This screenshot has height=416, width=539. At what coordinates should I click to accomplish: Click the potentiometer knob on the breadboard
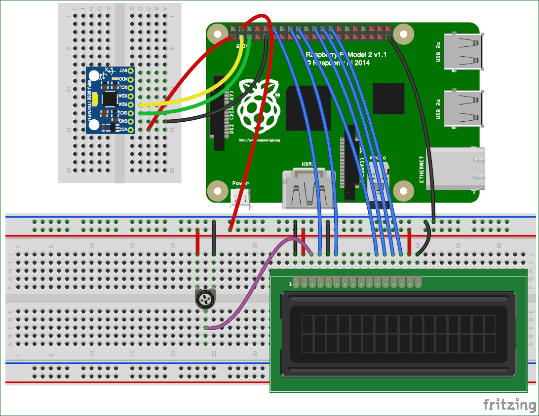(x=205, y=299)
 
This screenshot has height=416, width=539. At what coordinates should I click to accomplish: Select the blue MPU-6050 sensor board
(x=110, y=100)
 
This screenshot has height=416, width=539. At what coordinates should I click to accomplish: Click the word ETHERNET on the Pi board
(x=422, y=170)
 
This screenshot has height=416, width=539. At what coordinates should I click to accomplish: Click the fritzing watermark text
(x=509, y=405)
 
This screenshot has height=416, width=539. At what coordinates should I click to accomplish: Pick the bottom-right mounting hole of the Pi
(x=404, y=189)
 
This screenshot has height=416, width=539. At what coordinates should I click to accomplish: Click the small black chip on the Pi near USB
(x=388, y=99)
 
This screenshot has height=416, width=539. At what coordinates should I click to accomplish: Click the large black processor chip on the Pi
(x=308, y=107)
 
